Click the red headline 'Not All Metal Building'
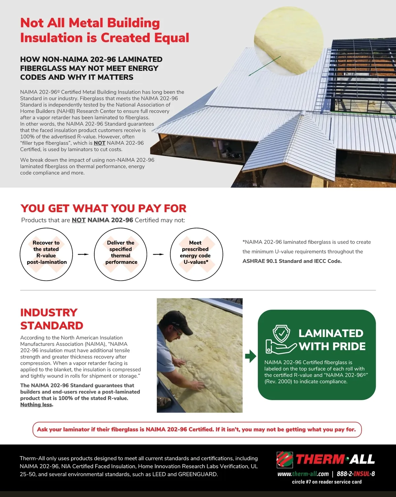[x=90, y=23]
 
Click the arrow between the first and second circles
[x=83, y=254]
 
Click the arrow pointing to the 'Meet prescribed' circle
[x=158, y=254]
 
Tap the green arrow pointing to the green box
[x=250, y=356]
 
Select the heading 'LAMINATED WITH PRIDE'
[x=332, y=340]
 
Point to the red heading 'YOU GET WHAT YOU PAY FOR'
[x=103, y=209]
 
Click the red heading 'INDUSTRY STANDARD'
[x=51, y=319]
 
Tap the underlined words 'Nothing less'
[x=36, y=404]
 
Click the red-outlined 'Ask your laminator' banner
[x=197, y=430]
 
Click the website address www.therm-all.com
[x=303, y=474]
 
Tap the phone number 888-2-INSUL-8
[x=356, y=474]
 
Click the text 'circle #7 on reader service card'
[x=327, y=482]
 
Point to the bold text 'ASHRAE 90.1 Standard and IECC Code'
[x=292, y=261]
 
